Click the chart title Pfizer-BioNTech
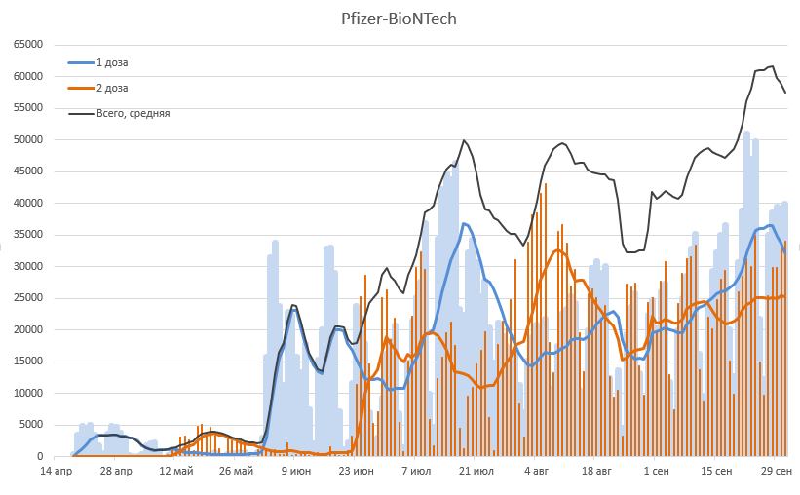pos(400,19)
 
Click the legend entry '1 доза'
pos(111,62)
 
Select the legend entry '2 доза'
pos(111,88)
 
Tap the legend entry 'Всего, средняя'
pos(133,113)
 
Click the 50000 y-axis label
pos(26,139)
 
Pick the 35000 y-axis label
pos(26,235)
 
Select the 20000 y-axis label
pos(26,329)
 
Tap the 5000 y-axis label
pos(29,425)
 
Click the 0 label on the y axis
pos(39,456)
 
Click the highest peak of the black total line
pos(771,66)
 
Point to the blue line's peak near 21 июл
pos(465,224)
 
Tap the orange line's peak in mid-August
pos(559,250)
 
